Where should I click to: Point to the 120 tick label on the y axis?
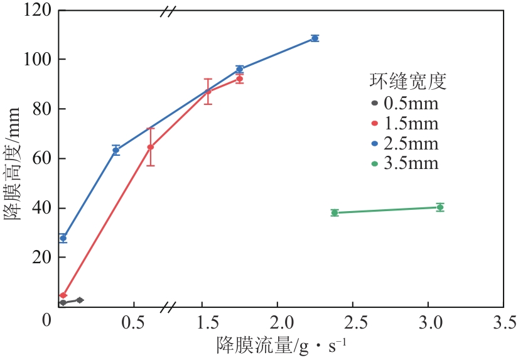tap(33, 11)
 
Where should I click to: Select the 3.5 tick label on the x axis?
tap(503, 323)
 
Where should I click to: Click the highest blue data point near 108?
tap(315, 38)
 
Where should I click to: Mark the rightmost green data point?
tap(440, 207)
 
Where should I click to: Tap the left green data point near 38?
tap(335, 212)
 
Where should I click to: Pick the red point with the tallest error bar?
tap(151, 147)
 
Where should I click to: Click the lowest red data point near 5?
tap(63, 295)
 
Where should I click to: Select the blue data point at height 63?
tap(116, 150)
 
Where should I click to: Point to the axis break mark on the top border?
tap(168, 10)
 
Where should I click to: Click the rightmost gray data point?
tap(80, 300)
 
